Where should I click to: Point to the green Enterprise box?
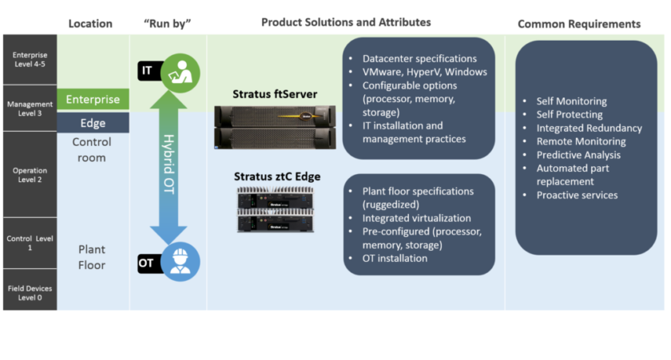[93, 100]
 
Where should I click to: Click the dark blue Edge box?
[93, 123]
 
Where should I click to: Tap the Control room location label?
[92, 149]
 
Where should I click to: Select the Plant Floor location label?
[92, 256]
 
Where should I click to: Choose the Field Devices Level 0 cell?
[29, 293]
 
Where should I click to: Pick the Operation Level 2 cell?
[29, 174]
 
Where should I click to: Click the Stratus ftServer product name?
[275, 94]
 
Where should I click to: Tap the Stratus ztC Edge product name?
[276, 176]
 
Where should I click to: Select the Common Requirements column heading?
[579, 24]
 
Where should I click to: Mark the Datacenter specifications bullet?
[419, 58]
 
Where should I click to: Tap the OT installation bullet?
[395, 258]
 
